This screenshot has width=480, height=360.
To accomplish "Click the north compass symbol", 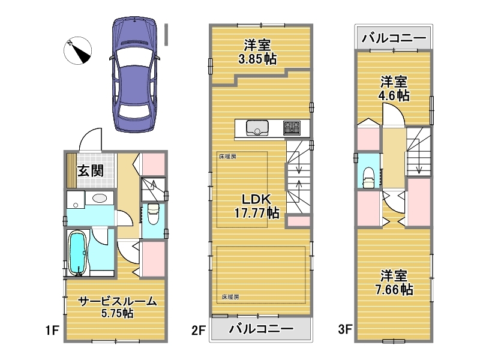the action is coord(78,50).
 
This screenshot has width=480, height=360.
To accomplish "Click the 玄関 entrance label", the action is coord(91,171).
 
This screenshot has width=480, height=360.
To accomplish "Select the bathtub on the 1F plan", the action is coord(77,253).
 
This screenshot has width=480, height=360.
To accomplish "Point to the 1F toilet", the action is coord(153,214).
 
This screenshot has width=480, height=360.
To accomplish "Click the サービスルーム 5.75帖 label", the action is coord(118,307).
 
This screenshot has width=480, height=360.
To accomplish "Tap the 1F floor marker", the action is coord(52,331).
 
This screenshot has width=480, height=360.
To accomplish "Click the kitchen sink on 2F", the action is coord(257,128).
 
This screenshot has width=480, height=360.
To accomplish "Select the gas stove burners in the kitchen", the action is coord(292,128).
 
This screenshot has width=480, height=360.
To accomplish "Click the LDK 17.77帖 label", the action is coord(257,206).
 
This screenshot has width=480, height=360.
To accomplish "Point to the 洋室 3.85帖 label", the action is coord(257,52).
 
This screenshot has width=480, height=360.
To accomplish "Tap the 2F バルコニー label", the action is coord(261,329).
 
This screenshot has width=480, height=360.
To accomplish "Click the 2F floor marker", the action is coord(199,331).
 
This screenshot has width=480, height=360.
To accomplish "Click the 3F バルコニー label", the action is coord(394,38).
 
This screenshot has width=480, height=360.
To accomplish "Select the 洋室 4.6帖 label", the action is coord(394,89).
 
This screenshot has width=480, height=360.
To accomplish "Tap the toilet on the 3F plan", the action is coord(368,178).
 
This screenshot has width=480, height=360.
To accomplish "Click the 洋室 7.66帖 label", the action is coord(394,283).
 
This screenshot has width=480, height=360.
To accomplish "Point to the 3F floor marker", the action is coord(345,329).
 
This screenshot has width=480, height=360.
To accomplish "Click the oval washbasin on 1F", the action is coord(100,198).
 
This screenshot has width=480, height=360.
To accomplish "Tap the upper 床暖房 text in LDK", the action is coord(227,157).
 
